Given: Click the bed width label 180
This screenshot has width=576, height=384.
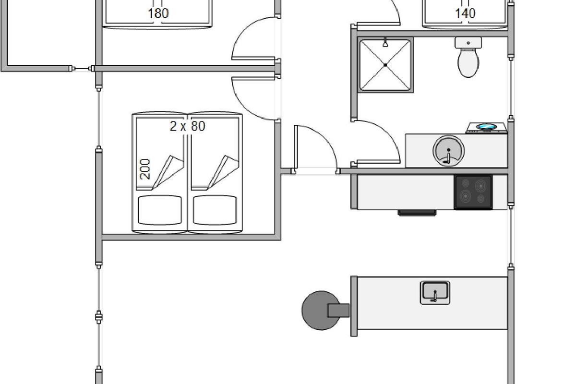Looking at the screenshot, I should pos(158,13).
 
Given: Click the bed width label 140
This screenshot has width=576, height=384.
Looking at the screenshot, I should pos(465,13).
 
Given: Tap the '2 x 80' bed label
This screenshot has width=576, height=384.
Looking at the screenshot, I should pos(187,126).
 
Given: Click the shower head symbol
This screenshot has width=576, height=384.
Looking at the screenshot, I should pos(385,43).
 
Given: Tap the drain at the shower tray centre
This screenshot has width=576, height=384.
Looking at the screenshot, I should pos(385,65).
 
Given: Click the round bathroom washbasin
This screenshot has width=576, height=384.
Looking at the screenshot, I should pos(449,150).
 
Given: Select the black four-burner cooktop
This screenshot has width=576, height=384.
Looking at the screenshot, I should pos(473,192).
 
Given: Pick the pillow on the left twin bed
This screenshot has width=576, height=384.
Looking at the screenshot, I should pos(160,210).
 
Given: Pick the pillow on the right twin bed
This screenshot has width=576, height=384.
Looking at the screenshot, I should pos(215,210).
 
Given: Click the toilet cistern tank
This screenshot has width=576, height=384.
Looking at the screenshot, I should pos(468,43).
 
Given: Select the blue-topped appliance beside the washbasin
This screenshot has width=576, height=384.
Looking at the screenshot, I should pos(487,128).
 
